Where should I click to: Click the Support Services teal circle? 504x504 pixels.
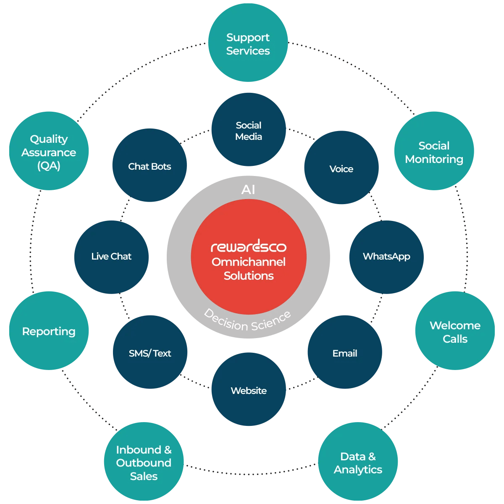[x=248, y=42]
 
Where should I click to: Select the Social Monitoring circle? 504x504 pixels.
[x=434, y=151]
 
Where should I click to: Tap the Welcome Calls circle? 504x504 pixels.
[x=455, y=331]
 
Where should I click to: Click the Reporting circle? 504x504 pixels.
[x=49, y=331]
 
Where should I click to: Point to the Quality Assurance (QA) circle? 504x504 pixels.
[x=49, y=151]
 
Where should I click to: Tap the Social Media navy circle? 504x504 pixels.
[x=249, y=129]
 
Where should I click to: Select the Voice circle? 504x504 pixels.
[x=341, y=168]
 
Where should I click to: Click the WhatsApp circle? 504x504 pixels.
[x=386, y=257]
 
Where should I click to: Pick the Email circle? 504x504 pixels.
[x=345, y=352]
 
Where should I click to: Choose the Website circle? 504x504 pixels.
[x=249, y=389]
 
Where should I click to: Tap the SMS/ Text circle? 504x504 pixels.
[x=150, y=352]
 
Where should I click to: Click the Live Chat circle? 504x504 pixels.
[x=111, y=257]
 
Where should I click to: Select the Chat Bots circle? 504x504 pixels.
[x=150, y=165]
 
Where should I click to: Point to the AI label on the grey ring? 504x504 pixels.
[x=248, y=189]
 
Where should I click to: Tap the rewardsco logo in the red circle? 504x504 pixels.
[x=249, y=246]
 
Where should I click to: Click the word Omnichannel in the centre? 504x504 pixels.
[x=249, y=262]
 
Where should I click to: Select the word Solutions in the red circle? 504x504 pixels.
[x=249, y=276]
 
